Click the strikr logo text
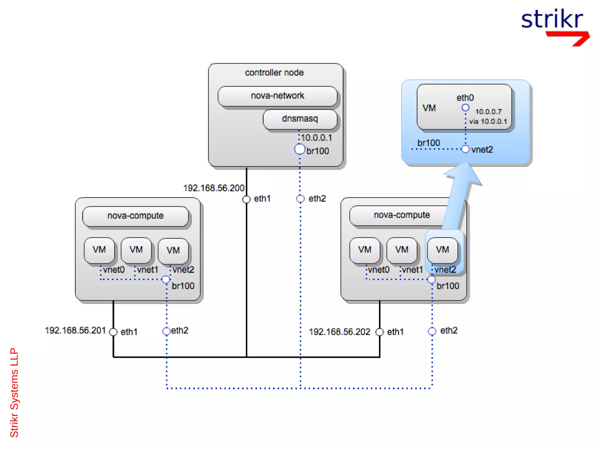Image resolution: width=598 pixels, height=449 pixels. point(552,19)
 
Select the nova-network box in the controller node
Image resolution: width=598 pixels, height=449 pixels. point(277,96)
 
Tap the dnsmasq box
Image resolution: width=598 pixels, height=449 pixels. point(300,119)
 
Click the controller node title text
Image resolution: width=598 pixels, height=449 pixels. point(274,72)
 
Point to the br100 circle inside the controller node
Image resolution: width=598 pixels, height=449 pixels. point(299,149)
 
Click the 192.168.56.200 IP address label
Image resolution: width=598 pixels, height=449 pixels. point(213,188)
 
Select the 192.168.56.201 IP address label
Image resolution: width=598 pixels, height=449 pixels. point(75,330)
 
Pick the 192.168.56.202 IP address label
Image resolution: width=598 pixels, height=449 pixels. point(339,332)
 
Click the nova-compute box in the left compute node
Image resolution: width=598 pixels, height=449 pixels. point(135,216)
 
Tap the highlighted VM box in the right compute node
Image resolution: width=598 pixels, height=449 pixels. point(442,250)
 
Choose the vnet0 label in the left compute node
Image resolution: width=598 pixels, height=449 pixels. point(114,270)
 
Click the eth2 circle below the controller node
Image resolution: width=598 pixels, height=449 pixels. point(300,199)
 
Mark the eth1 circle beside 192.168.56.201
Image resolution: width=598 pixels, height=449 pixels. point(113,332)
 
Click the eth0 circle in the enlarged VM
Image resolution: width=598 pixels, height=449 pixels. point(465,108)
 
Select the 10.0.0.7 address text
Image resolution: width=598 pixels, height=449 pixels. point(488,112)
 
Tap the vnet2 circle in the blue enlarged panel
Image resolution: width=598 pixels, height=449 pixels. point(465,149)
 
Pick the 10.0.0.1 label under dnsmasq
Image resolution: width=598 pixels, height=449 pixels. point(316,138)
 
